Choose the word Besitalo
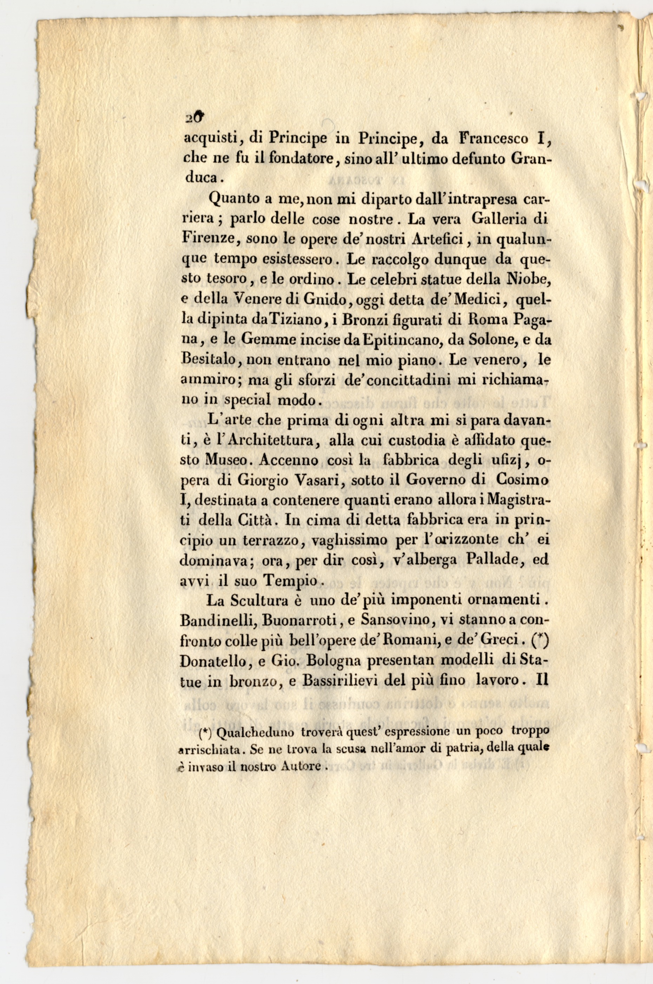point(209,360)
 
